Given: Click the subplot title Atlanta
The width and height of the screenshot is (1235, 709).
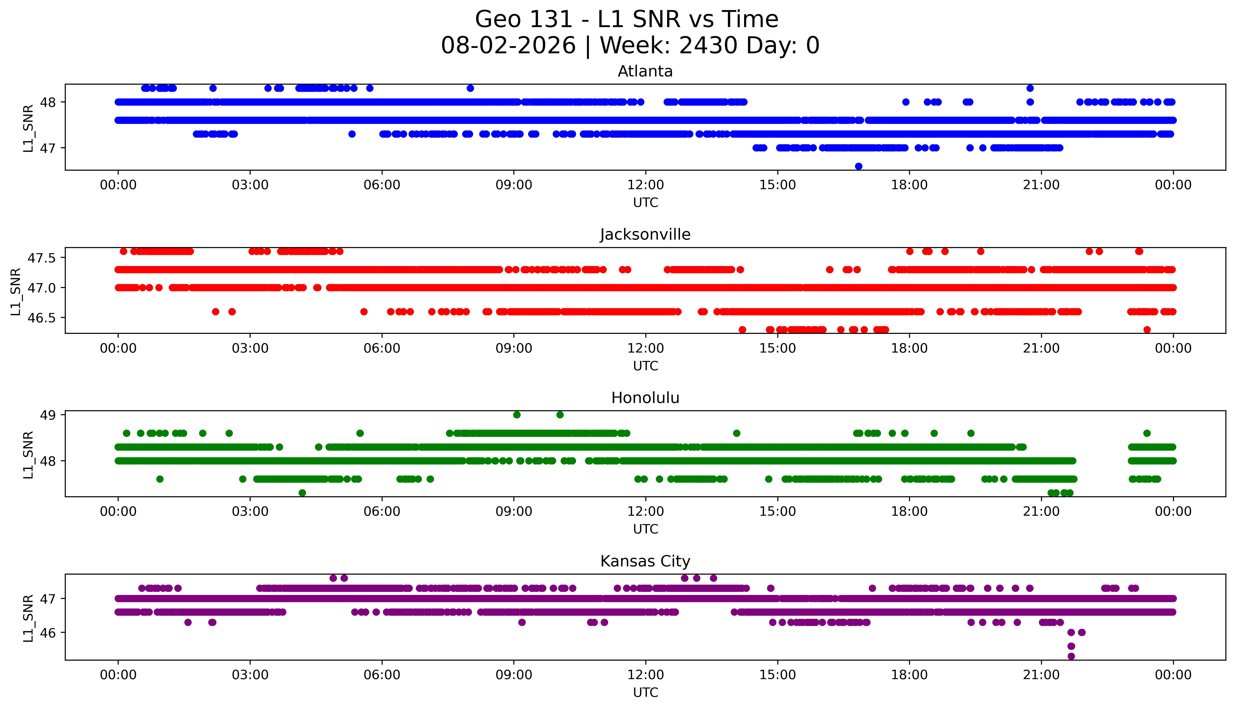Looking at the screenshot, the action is point(645,72).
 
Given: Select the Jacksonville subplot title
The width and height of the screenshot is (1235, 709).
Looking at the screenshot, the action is point(645,235).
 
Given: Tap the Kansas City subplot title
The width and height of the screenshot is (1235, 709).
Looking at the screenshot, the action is point(645,561).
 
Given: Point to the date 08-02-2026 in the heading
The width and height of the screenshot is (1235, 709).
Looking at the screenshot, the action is point(508,46).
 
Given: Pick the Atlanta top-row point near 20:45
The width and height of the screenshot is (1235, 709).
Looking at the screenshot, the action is point(1030,88).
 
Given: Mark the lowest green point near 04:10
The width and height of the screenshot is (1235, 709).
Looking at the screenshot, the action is point(302,493).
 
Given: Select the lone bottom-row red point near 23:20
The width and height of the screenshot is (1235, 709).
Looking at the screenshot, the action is point(1147,330).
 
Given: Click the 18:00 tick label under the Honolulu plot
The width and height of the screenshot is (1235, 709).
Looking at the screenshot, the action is point(910,512).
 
